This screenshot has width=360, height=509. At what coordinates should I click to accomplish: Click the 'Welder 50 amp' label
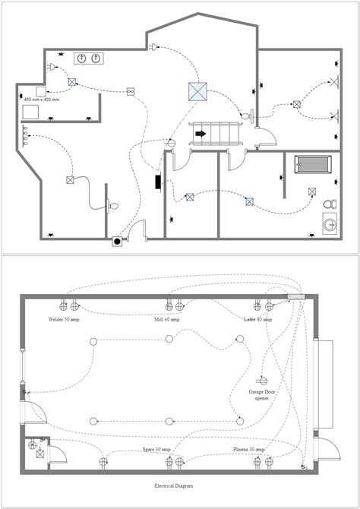64,320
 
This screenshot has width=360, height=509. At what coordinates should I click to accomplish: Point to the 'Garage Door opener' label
261,396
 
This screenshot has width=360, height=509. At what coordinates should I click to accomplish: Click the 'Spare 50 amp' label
157,450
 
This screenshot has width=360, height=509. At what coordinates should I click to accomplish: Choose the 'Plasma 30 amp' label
249,450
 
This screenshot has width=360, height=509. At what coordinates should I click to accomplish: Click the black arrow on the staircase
201,134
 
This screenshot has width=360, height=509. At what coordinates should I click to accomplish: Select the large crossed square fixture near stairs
197,91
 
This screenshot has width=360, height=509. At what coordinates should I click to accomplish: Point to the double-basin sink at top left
89,58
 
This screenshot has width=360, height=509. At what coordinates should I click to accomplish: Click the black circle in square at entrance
117,242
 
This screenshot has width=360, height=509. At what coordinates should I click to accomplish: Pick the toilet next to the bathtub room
329,204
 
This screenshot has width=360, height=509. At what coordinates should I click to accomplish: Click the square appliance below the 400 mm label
31,110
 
